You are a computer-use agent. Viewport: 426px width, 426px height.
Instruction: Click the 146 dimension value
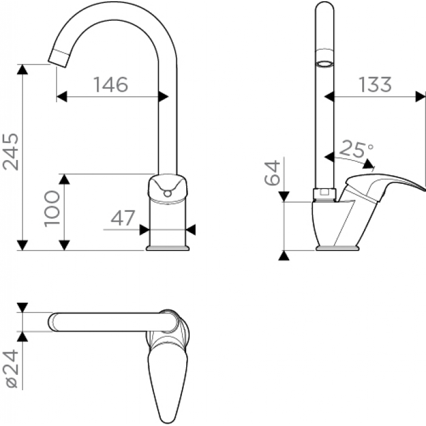point(111,84)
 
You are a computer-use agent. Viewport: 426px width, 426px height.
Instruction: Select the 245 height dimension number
point(10,152)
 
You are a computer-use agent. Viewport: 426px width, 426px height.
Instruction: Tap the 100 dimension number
point(52,208)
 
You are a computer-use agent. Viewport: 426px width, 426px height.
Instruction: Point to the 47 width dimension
point(123,218)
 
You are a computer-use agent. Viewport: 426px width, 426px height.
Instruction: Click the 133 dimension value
point(375,84)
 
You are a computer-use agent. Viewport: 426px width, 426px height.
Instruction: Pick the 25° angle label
point(357,148)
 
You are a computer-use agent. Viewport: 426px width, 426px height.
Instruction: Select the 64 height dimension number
point(272,173)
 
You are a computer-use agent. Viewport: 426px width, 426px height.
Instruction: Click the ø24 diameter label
point(10,368)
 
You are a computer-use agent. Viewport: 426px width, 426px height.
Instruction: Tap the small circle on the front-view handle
point(168,193)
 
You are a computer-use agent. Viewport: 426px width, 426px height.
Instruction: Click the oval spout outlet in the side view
point(324,64)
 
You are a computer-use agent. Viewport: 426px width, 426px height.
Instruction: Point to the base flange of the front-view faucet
point(167,248)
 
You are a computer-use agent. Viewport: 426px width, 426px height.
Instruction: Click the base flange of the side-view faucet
point(337,248)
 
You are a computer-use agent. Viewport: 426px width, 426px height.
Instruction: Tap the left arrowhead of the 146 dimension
point(62,96)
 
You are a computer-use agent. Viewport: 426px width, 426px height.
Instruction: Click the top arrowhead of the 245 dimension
point(23,69)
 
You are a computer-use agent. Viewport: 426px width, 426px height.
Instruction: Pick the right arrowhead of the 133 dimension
point(420,96)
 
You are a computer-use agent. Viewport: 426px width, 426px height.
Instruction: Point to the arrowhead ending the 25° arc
point(368,164)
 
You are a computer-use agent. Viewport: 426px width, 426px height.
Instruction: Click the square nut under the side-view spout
point(324,194)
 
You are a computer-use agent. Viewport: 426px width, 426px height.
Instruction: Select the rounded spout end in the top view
point(53,322)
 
